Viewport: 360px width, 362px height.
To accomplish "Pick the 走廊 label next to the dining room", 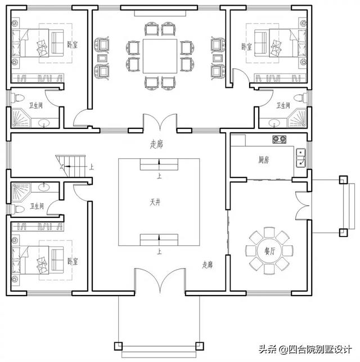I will [208, 264].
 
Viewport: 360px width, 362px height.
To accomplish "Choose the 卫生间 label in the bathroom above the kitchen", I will [282, 105].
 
